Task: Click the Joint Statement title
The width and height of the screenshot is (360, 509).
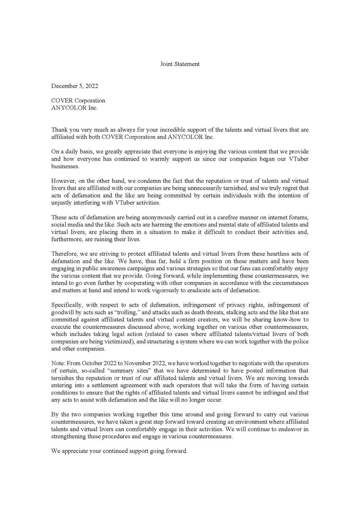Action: coord(180,64)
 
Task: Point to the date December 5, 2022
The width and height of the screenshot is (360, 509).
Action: coord(75,86)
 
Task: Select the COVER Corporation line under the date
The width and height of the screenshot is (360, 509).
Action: coord(78,101)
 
